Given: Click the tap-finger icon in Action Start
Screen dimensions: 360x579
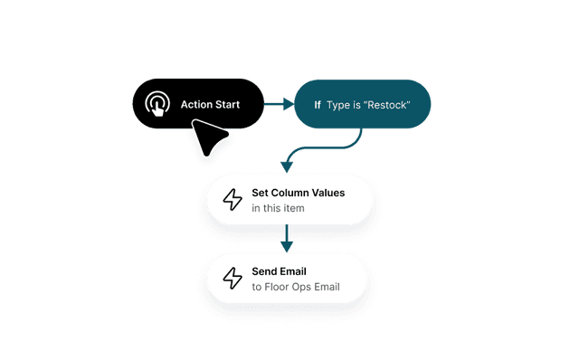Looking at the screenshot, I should coord(157,105).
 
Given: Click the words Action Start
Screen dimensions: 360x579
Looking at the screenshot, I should coord(211,105).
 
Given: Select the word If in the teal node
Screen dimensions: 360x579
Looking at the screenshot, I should coord(318,105).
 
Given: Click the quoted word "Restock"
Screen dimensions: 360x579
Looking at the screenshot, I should coord(388,105).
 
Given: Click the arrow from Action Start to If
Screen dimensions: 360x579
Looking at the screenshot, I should coord(279,105).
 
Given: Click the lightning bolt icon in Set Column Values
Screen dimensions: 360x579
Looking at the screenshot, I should coord(233,199).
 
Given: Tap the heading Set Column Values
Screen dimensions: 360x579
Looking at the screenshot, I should coord(298,193).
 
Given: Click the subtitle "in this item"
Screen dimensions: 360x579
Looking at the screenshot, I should coord(278,209).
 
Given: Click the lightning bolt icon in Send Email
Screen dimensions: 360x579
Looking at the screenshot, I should coord(233,278).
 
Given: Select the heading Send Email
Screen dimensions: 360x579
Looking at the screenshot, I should coord(279,270).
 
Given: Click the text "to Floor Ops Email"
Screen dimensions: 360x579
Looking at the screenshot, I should coord(296,288).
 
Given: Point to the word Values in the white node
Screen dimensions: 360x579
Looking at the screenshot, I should coord(328,193).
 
